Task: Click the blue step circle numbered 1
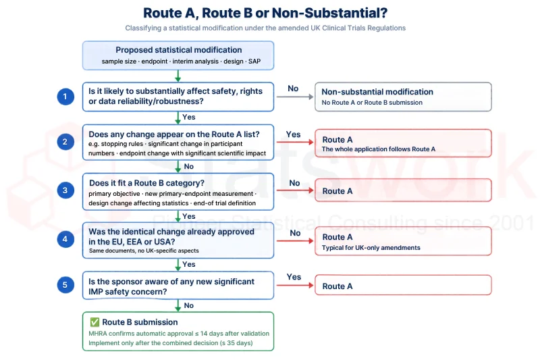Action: [65, 97]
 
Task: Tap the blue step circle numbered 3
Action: [65, 190]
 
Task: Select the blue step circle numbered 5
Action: [65, 285]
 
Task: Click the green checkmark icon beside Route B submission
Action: [94, 322]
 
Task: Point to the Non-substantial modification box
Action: [403, 97]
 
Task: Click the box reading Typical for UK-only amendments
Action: [403, 241]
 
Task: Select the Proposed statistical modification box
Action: [178, 55]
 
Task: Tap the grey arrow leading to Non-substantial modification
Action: [295, 97]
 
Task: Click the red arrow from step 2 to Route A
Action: [295, 142]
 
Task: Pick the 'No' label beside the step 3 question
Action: [294, 183]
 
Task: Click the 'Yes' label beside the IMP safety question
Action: [294, 277]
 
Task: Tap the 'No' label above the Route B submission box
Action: [189, 305]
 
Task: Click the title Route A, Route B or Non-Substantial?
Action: [265, 13]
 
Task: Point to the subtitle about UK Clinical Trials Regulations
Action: [265, 28]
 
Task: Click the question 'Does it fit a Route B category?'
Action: [146, 183]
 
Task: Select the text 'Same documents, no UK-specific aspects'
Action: [144, 251]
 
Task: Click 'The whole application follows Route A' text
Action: [379, 149]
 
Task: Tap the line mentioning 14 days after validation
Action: [179, 334]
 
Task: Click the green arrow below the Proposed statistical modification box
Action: [178, 76]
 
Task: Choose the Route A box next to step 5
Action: [403, 285]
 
